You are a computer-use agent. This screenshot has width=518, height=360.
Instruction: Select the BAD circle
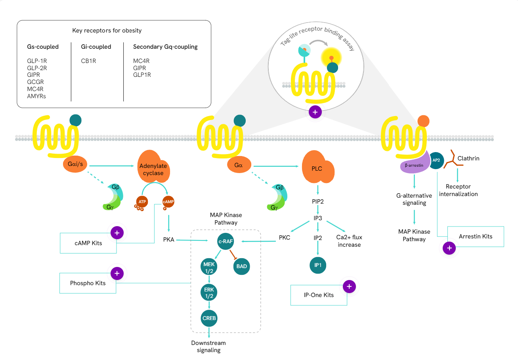[x=241, y=266]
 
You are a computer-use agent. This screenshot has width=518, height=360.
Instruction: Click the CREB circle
[x=209, y=318]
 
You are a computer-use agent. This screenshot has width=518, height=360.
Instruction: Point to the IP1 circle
[x=317, y=265]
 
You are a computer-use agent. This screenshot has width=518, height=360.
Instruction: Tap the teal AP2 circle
[x=436, y=160]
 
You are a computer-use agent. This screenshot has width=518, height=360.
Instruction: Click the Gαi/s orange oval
[x=75, y=164]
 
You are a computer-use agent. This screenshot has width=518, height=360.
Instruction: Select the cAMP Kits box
[x=88, y=243]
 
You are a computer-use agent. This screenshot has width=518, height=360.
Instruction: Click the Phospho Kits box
[x=88, y=283]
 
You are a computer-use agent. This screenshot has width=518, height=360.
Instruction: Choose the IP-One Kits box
[x=319, y=295]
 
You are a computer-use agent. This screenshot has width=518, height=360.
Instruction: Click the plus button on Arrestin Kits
[x=449, y=248]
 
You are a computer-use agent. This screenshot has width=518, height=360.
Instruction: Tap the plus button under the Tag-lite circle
[x=315, y=112]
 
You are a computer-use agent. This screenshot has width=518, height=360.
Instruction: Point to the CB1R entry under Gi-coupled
[x=88, y=61]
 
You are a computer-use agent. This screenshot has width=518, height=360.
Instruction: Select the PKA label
[x=169, y=240]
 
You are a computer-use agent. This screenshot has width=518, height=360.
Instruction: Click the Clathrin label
[x=468, y=158]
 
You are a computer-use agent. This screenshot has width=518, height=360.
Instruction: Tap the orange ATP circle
[x=142, y=202]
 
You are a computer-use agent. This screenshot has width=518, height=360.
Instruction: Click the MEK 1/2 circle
[x=209, y=266]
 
